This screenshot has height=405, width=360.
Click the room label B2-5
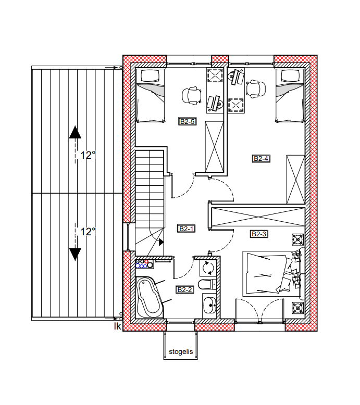point(188,121)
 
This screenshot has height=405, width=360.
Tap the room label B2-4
point(261,158)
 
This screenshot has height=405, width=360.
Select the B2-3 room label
point(259,234)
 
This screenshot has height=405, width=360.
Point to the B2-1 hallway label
point(187,229)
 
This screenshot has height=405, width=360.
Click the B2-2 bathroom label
point(185,290)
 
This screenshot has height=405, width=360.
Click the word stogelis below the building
point(181,352)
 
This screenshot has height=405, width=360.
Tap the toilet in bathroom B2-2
point(207,284)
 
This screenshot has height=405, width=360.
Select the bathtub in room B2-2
point(150,297)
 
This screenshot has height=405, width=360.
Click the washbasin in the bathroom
point(209,305)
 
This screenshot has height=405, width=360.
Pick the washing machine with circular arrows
point(208,268)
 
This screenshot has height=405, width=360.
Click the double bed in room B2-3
point(271,274)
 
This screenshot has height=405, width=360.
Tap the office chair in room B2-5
point(192,96)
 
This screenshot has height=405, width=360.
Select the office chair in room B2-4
point(256,90)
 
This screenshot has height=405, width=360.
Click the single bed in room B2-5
point(150,96)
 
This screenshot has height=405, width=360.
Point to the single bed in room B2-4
point(290,96)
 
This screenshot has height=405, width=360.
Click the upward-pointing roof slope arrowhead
point(75,132)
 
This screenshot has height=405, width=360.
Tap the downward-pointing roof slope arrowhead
point(75,255)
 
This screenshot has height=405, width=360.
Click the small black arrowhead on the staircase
point(162,242)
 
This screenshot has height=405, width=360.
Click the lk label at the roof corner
point(118,326)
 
